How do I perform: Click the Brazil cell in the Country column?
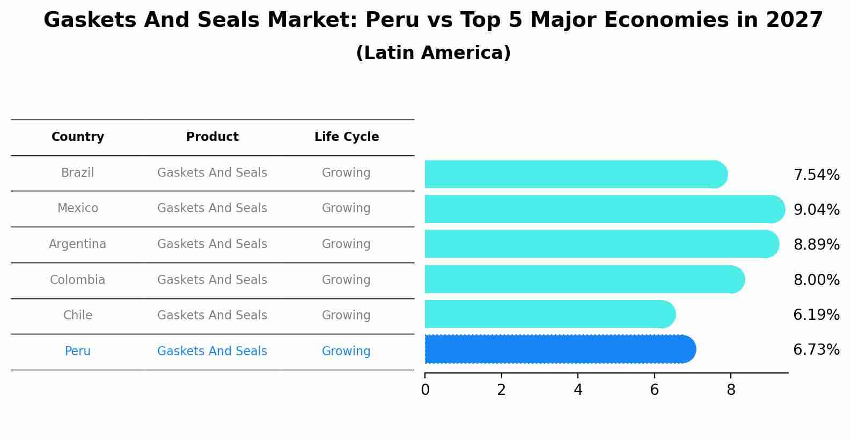77,173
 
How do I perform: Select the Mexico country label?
77,208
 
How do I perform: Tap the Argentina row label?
77,244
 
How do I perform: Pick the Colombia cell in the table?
77,280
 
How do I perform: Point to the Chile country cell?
77,316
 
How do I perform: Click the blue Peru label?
77,352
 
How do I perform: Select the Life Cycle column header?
347,137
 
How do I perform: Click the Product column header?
212,137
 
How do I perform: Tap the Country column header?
77,137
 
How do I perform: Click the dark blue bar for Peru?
558,349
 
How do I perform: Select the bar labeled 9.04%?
601,209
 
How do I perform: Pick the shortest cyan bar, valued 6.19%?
547,314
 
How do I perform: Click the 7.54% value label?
816,175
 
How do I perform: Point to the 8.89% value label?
816,245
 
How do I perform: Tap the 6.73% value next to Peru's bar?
816,350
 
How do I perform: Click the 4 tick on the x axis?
578,390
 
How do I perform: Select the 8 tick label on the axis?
731,390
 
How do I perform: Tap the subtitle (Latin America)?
433,53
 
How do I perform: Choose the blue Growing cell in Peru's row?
346,352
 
